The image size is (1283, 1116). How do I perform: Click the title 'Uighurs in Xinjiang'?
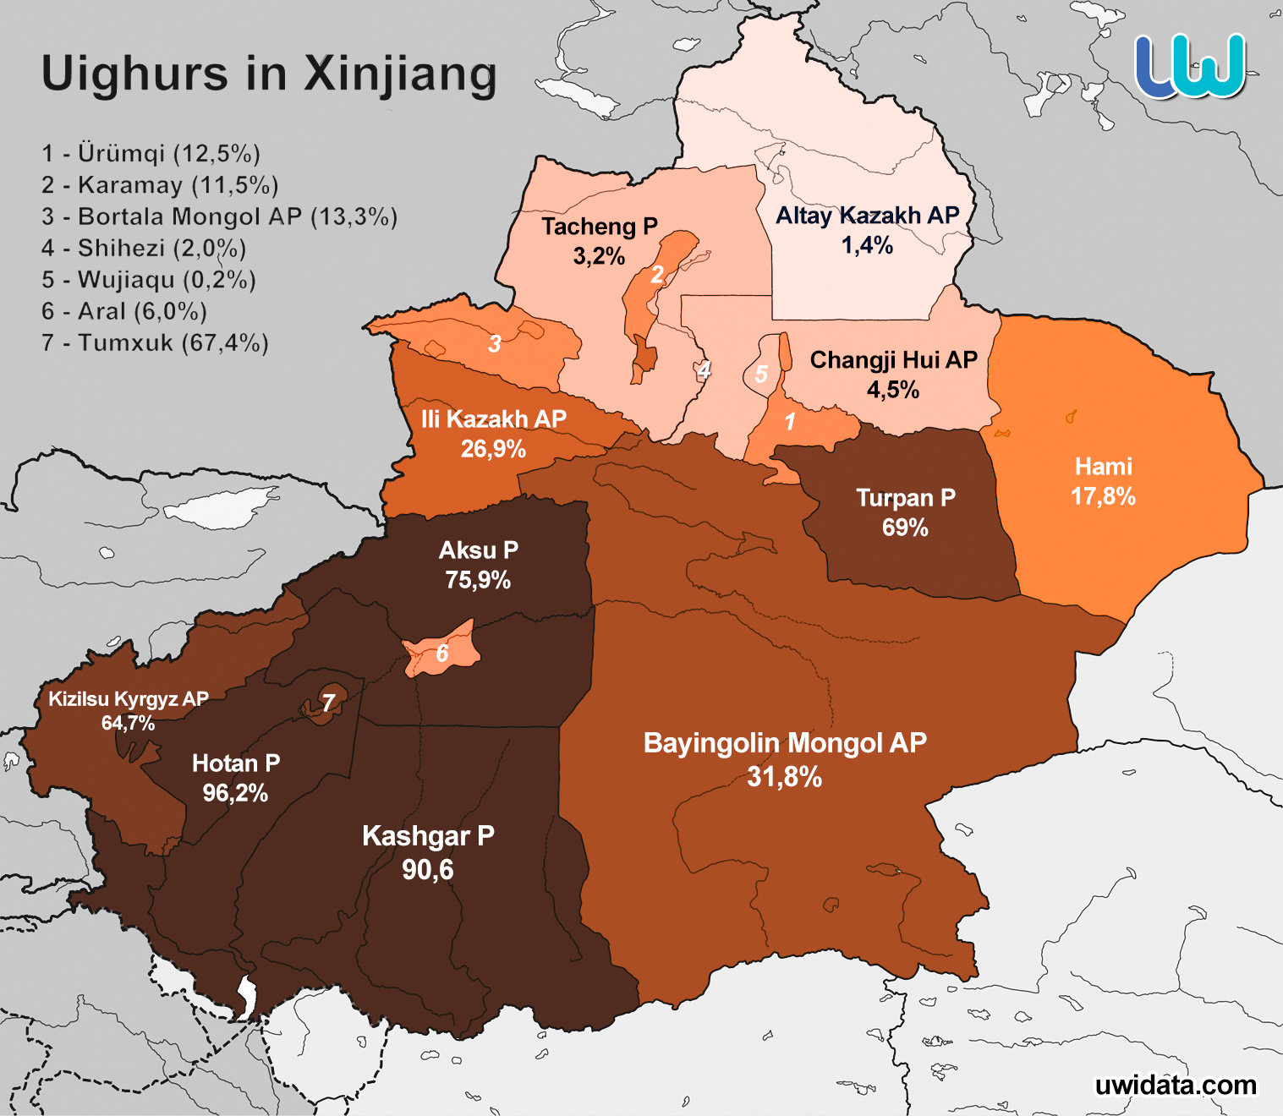(269, 74)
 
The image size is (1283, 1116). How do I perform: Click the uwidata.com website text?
(1175, 1085)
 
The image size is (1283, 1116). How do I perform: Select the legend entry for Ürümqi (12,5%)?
(151, 154)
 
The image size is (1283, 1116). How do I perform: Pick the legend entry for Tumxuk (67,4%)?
(156, 343)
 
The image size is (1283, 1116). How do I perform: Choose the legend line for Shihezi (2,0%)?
(144, 249)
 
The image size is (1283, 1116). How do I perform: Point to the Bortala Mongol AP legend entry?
(219, 217)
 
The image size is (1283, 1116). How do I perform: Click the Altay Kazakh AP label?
(867, 216)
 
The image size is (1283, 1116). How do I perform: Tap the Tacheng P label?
(599, 227)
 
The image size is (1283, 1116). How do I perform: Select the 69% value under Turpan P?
(905, 528)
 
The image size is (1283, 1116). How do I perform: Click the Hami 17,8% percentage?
(1103, 496)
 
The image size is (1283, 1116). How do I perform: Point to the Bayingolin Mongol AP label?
(785, 743)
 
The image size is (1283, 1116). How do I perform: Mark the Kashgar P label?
(428, 836)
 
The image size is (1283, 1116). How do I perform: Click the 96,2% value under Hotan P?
(235, 793)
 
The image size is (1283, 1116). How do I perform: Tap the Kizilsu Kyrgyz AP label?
(129, 699)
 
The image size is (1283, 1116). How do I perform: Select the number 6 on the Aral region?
(441, 653)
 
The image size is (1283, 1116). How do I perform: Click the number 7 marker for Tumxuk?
(328, 703)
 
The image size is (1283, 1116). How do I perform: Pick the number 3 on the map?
(495, 343)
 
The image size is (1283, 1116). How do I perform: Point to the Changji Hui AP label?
(893, 360)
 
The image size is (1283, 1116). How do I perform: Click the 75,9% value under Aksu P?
(478, 580)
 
